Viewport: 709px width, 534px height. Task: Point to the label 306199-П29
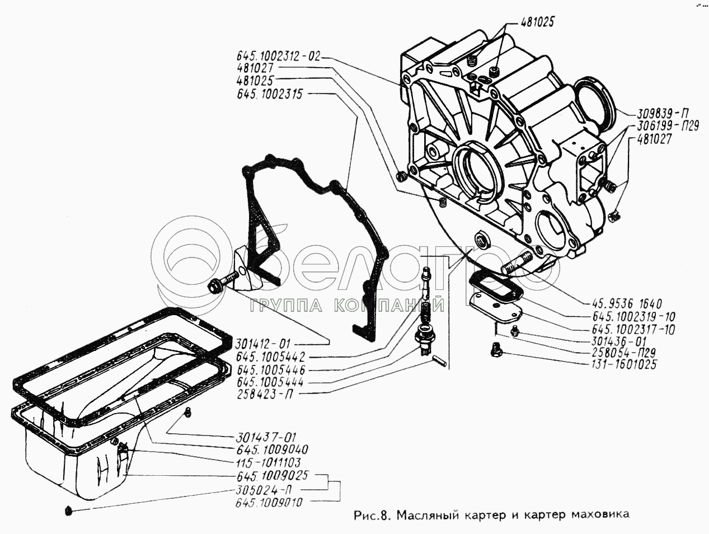[x=661, y=127]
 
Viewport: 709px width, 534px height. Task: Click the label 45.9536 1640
[x=627, y=304]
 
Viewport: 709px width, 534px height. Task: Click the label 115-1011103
[x=267, y=462]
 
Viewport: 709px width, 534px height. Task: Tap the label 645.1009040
[x=272, y=449]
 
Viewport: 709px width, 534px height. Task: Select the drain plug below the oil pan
[x=68, y=510]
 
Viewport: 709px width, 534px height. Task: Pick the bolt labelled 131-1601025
[x=495, y=350]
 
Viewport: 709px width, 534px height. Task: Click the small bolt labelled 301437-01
[x=189, y=413]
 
